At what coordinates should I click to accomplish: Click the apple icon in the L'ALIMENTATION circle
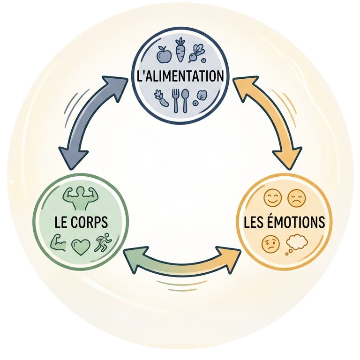164,54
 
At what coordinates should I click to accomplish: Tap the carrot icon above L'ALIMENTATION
180,50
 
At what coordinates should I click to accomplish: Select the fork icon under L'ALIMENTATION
176,100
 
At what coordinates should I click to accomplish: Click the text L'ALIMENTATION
180,76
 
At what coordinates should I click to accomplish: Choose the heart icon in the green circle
80,247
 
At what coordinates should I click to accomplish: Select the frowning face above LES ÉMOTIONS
296,198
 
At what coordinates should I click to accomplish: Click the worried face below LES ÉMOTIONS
271,244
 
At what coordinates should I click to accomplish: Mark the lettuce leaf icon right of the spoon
201,96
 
